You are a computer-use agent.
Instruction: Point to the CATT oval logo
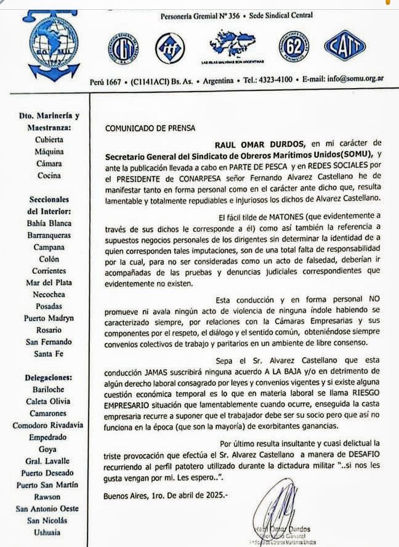(345, 46)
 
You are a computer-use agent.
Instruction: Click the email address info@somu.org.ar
(355, 79)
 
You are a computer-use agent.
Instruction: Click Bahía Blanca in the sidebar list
(49, 223)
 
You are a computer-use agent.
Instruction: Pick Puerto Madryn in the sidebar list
(49, 319)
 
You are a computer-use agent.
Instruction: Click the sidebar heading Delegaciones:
(49, 377)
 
